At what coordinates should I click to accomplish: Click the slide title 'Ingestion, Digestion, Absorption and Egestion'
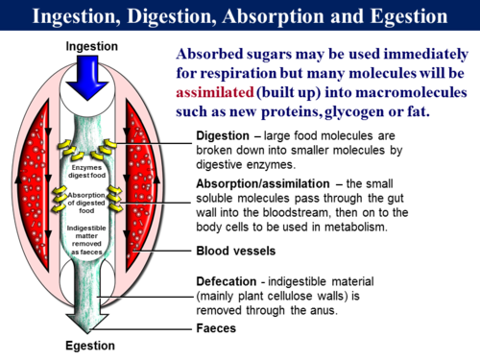[x=240, y=16]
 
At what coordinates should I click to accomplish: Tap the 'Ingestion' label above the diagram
[x=91, y=46]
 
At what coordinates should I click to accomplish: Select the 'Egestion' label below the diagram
[x=90, y=346]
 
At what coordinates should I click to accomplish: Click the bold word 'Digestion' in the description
[x=225, y=135]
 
